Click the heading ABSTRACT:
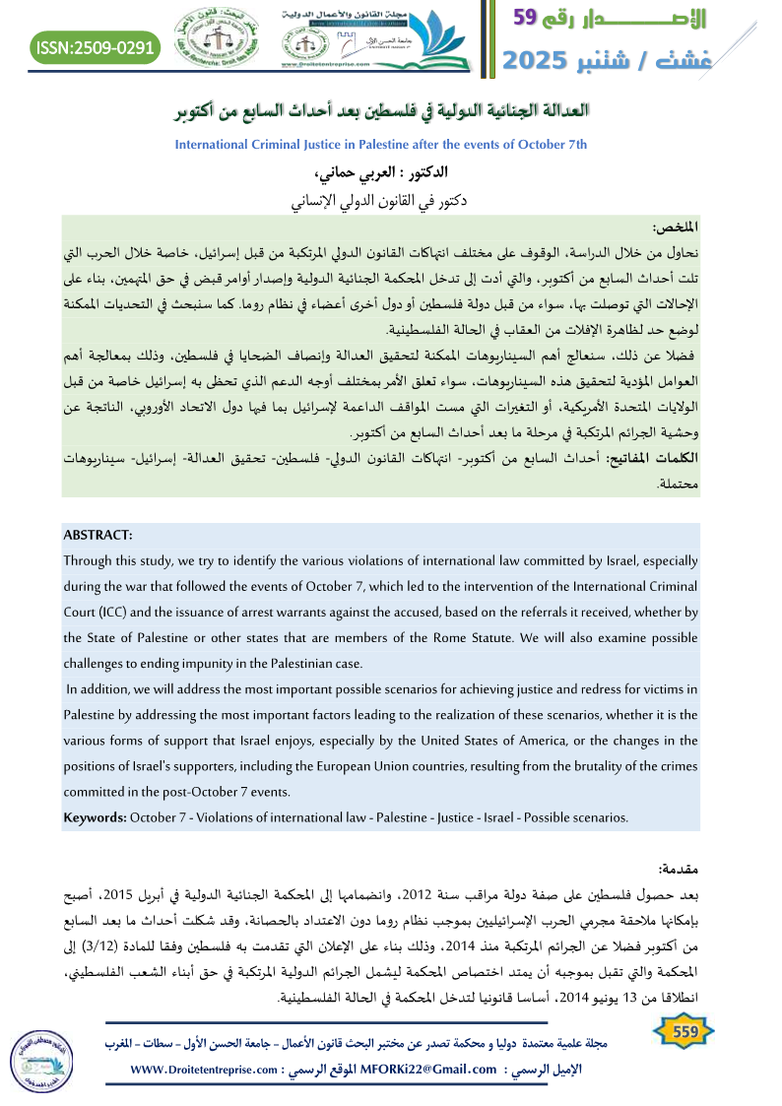coord(98,535)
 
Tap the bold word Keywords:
coord(94,817)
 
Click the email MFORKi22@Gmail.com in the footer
coord(429,1070)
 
